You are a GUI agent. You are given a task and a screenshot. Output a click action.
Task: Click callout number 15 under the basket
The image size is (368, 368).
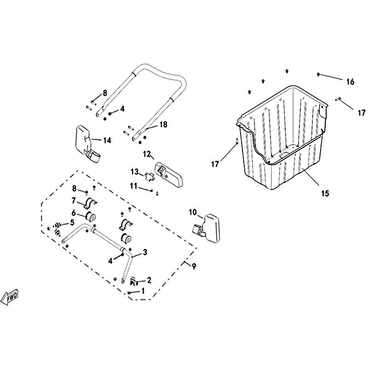(x=325, y=193)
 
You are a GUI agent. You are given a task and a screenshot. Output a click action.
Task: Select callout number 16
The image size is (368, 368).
(x=350, y=82)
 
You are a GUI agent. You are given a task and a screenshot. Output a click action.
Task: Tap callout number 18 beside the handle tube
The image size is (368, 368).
(x=163, y=124)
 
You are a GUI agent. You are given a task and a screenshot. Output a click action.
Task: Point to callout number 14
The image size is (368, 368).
(x=107, y=140)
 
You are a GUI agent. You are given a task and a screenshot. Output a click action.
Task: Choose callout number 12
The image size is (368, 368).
(x=147, y=154)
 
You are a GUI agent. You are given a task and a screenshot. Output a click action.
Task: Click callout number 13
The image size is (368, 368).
(x=135, y=172)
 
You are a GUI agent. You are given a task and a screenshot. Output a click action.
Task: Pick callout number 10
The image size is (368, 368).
(x=193, y=212)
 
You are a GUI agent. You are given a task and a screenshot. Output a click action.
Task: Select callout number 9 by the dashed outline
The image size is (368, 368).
(x=194, y=266)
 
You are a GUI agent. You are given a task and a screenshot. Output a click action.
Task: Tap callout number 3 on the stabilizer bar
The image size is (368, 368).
(x=145, y=252)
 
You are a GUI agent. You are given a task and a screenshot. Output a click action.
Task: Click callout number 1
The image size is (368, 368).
(x=143, y=291)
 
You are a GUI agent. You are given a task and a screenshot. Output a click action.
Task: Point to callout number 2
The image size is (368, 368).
(x=149, y=280)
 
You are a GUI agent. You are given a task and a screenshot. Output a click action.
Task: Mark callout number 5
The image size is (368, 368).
(x=72, y=222)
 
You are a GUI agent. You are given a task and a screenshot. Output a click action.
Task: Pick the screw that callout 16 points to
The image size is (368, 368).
(x=318, y=75)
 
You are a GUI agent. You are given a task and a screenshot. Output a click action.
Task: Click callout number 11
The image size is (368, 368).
(x=134, y=186)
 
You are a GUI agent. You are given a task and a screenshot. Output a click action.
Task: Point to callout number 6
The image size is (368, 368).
(x=74, y=213)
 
